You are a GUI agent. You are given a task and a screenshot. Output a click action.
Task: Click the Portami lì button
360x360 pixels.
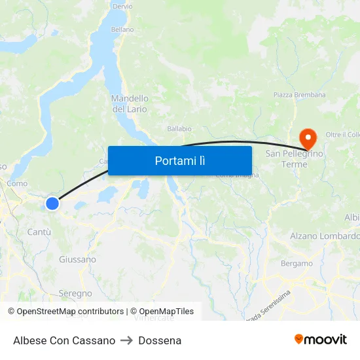click(179, 160)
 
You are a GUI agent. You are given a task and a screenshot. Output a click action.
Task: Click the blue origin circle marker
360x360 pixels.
click(52, 204)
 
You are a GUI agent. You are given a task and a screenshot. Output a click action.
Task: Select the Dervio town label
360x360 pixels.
click(122, 6)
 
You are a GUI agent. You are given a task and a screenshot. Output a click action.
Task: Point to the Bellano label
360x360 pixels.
click(122, 29)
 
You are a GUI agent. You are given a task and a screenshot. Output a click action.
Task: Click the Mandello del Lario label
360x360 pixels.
click(130, 103)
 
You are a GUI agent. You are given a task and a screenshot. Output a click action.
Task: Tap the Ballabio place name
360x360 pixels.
click(179, 129)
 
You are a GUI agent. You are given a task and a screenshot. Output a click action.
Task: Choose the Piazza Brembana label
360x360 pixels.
click(299, 95)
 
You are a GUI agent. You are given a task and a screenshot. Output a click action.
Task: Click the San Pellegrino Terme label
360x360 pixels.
click(295, 158)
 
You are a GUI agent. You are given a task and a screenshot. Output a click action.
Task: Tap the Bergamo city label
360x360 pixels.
click(297, 264)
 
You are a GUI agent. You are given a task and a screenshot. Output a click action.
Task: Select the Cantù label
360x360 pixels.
click(39, 232)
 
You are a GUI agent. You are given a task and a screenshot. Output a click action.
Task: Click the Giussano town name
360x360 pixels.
click(77, 259)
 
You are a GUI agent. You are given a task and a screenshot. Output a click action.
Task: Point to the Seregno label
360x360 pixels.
click(75, 293)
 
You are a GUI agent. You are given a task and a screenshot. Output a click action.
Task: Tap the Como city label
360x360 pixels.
click(17, 184)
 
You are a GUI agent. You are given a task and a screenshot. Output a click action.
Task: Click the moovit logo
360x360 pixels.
click(321, 340)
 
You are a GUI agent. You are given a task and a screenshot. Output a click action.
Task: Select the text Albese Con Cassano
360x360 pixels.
click(64, 340)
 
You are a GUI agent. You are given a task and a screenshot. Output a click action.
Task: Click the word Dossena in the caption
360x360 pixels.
click(160, 340)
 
